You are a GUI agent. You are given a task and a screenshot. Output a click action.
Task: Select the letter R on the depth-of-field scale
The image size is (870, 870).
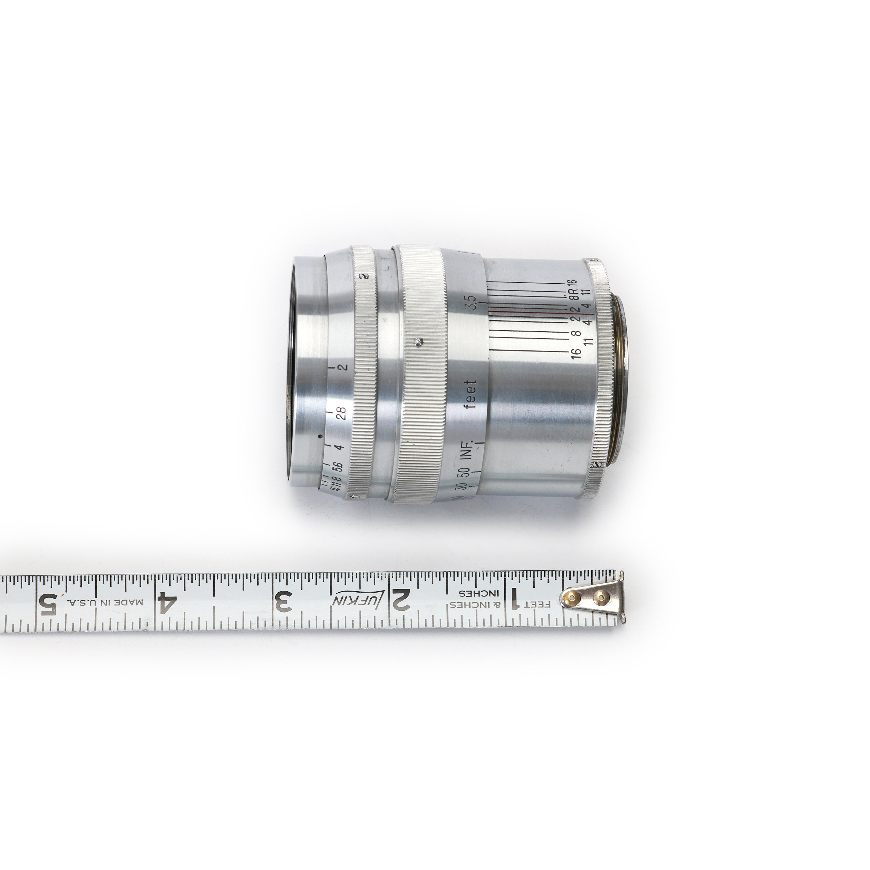pyautogui.click(x=573, y=293)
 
